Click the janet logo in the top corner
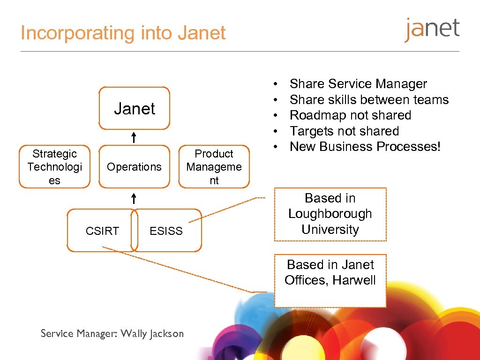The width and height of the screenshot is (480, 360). click(432, 30)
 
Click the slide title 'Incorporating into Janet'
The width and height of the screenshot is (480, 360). click(123, 33)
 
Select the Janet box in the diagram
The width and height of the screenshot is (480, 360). click(134, 108)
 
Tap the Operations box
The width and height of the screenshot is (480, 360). click(134, 167)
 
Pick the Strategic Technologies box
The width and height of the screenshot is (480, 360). click(54, 167)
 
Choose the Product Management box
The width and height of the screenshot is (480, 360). click(214, 167)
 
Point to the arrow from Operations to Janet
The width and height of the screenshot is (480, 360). click(134, 137)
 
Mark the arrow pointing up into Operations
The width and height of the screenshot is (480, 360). click(134, 198)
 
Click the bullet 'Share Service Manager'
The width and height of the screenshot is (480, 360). click(358, 84)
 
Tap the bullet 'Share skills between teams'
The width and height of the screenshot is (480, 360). click(369, 100)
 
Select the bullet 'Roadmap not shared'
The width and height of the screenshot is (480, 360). click(350, 115)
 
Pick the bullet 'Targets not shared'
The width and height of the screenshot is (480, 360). click(344, 131)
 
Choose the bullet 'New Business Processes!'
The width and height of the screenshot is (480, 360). click(365, 147)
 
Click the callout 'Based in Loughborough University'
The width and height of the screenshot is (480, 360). click(330, 214)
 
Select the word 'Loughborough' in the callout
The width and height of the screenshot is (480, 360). click(330, 214)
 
